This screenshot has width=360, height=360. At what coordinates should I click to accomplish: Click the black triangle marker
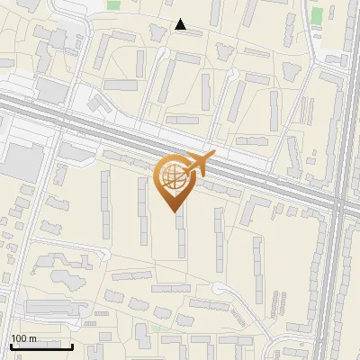(181, 25)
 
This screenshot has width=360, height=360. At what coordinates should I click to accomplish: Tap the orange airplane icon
(199, 163)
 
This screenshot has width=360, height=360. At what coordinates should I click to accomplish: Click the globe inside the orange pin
(171, 177)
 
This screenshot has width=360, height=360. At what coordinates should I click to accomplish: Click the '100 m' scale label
(22, 338)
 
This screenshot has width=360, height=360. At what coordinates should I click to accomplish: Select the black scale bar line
(41, 346)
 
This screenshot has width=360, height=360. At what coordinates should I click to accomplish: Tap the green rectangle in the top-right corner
(316, 15)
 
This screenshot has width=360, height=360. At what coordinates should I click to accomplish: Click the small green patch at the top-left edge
(113, 4)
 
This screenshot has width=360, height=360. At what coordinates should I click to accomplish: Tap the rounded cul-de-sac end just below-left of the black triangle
(163, 51)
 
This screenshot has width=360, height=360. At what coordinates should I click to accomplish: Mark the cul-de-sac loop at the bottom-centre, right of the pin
(220, 289)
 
